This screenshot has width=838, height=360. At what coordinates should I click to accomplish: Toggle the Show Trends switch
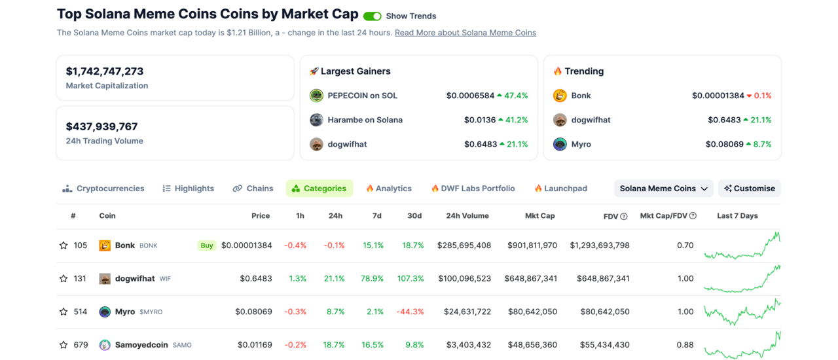click(x=372, y=16)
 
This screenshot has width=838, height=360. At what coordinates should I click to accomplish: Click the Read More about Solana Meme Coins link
click(x=465, y=33)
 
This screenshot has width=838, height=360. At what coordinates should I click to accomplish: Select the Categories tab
click(x=319, y=189)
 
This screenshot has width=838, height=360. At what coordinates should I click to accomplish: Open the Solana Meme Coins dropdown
click(x=663, y=189)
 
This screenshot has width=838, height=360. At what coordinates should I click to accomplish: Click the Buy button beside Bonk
click(x=207, y=245)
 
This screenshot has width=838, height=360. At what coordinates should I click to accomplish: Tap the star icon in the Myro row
click(x=64, y=312)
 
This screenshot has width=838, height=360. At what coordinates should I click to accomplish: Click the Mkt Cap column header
click(x=539, y=216)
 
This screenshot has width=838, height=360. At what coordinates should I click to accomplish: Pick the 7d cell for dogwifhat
click(x=373, y=279)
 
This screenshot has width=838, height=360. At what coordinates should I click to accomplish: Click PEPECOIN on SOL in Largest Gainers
click(x=362, y=96)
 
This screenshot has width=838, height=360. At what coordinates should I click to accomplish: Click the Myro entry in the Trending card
click(x=581, y=144)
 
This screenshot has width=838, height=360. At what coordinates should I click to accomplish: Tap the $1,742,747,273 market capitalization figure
click(x=105, y=71)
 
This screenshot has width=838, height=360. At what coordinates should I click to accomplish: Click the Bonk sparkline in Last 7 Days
click(x=742, y=246)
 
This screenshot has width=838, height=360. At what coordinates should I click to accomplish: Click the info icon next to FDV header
click(x=623, y=217)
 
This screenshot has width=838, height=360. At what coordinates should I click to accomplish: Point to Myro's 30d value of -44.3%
click(x=410, y=312)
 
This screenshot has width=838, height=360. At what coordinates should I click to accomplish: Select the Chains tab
click(x=253, y=189)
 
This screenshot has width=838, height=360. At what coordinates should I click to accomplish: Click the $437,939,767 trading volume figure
click(x=101, y=126)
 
